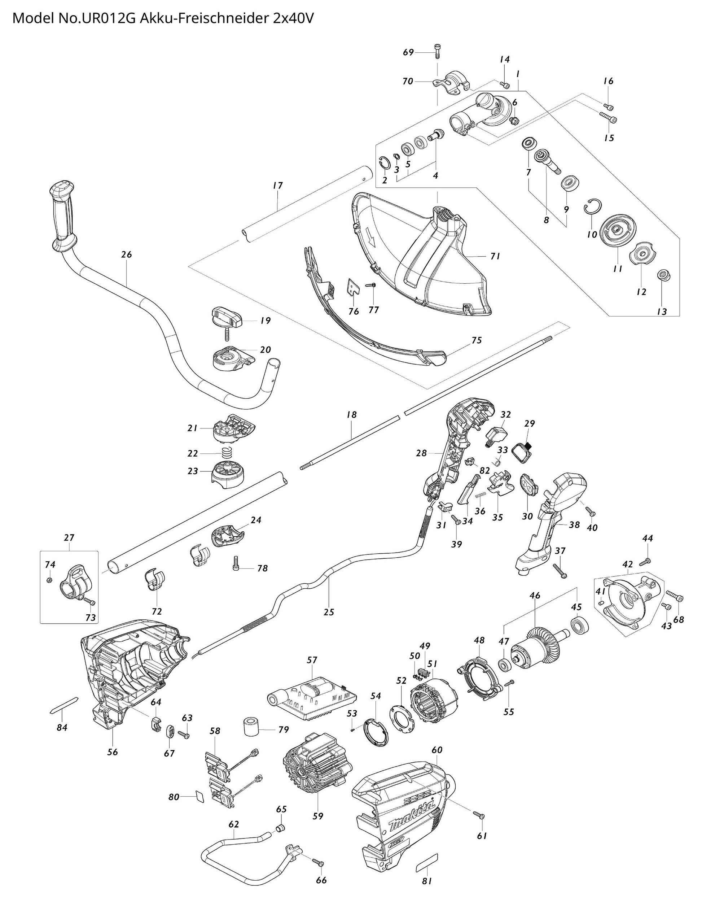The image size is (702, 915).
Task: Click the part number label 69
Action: (408, 52)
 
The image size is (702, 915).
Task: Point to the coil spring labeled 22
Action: (227, 453)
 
